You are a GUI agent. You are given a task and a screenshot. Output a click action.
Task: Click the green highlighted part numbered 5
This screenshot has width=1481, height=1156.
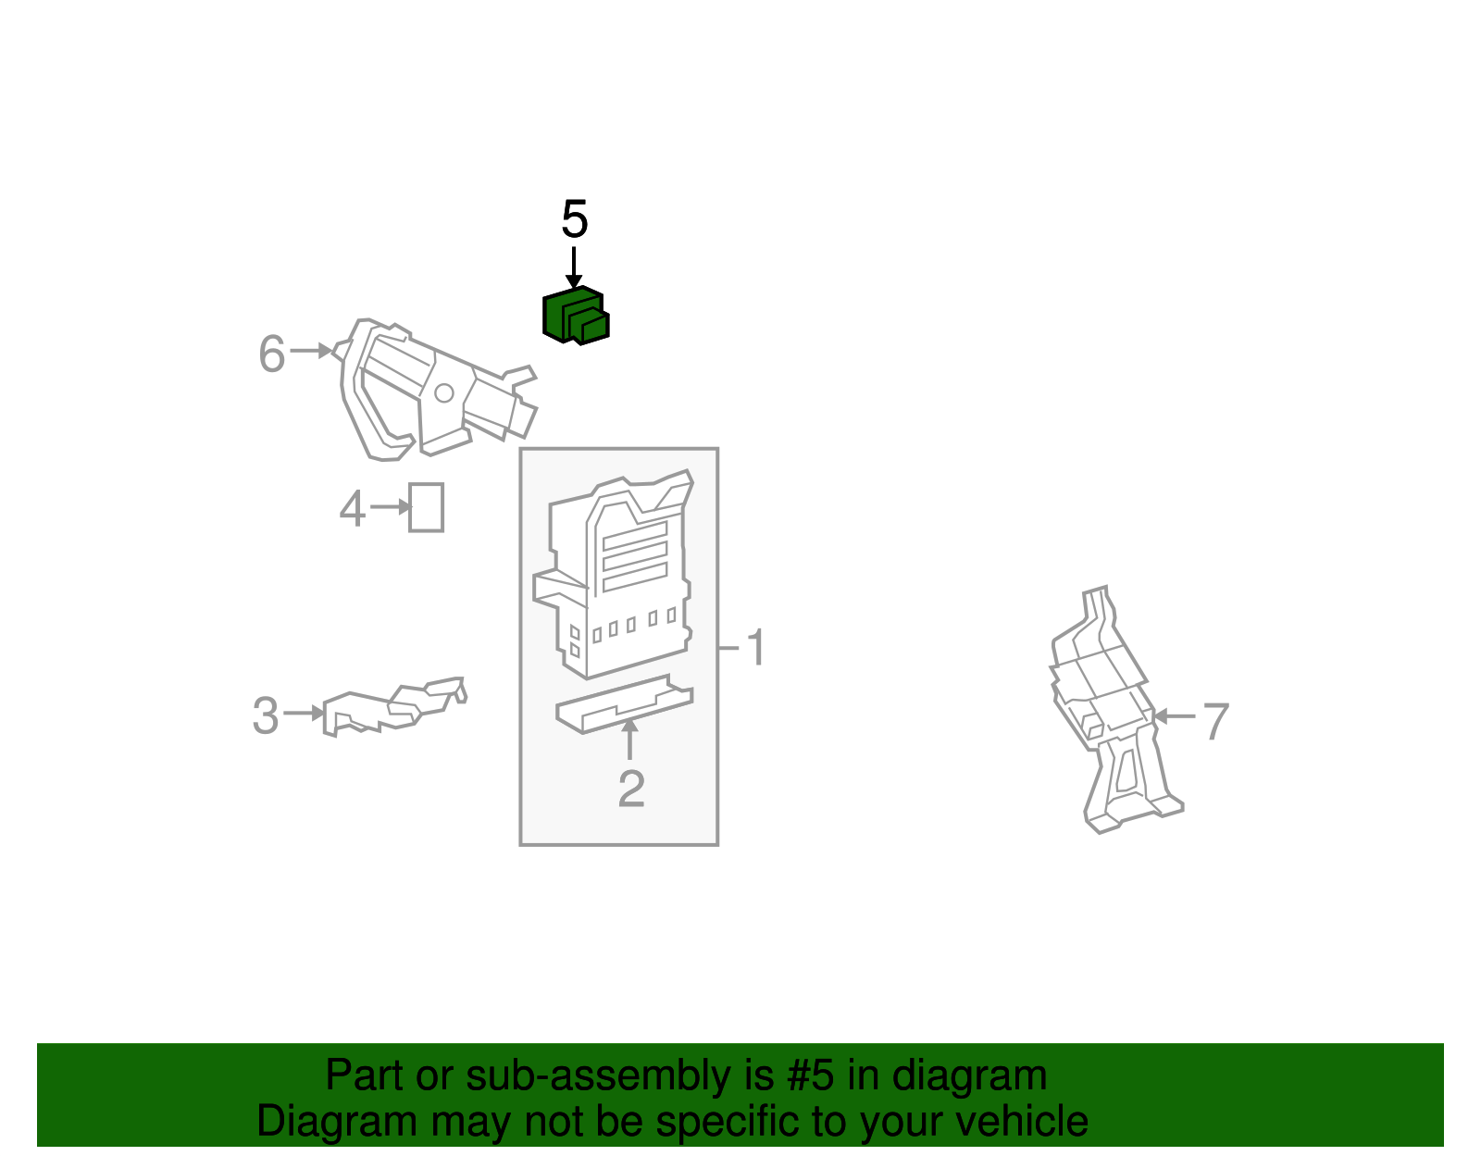point(576,316)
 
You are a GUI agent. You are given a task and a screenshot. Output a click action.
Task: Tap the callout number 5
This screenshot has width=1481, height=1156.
point(574,219)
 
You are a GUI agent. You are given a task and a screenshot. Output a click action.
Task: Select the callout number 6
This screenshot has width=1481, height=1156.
point(271,354)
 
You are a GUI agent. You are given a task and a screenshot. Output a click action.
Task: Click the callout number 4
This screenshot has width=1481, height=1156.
point(353,509)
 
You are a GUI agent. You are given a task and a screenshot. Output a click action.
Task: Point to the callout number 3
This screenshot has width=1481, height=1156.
point(265,715)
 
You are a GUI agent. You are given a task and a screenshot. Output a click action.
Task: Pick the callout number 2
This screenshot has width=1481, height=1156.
point(631,789)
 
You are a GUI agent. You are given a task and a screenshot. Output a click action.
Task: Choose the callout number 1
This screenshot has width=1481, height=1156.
point(756,647)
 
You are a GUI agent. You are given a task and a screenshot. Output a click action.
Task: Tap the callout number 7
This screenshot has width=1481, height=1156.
point(1215,721)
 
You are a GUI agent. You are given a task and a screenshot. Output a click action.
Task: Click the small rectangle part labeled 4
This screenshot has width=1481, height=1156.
point(426,507)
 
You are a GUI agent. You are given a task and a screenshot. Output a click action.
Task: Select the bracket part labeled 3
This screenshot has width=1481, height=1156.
point(394,706)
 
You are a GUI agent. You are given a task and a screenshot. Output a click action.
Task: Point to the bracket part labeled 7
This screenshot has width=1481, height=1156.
point(1115,708)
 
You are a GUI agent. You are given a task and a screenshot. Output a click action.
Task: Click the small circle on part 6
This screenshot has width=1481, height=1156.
point(443,393)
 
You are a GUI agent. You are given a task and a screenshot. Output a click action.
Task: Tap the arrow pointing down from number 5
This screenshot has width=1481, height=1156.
point(574,267)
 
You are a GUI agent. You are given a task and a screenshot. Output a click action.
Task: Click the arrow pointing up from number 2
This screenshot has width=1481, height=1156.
point(630,739)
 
